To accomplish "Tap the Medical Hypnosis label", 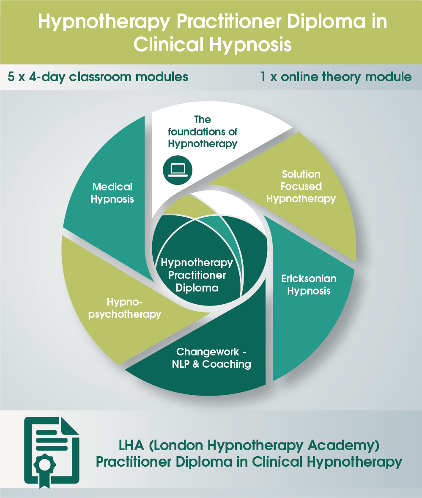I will (112, 193).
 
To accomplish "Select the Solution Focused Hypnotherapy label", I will (301, 187).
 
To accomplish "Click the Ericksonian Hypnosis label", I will (309, 285).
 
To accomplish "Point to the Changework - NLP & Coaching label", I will (211, 358).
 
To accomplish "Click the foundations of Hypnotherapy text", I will (203, 132).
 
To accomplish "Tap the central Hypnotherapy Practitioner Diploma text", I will (197, 275).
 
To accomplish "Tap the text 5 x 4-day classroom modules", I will (98, 77).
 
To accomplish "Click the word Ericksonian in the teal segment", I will (309, 279).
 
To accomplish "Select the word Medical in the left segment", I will (112, 187).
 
